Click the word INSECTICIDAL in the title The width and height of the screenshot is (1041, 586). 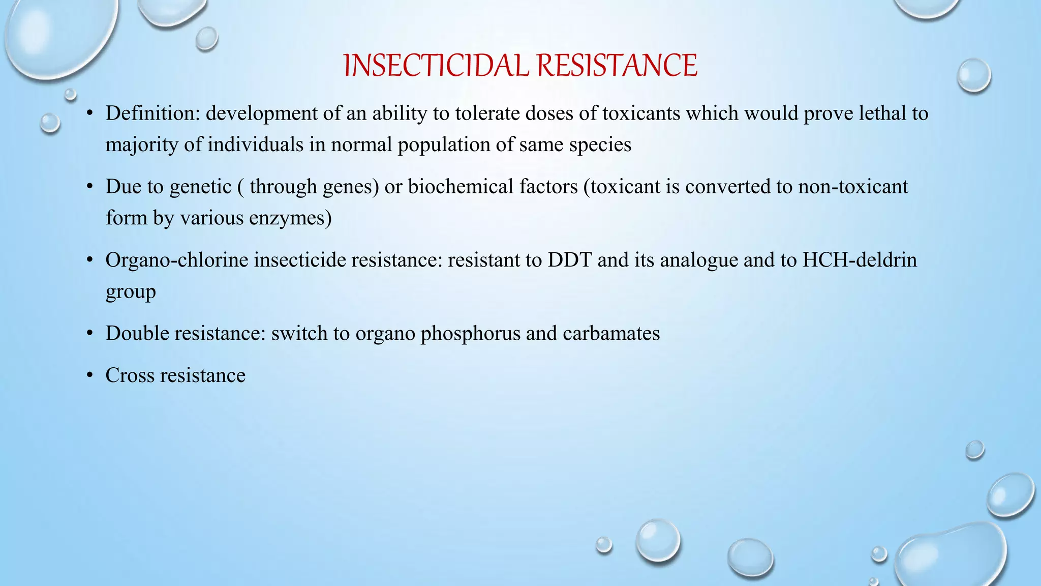tap(437, 66)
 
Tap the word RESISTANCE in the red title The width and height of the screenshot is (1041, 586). tap(617, 66)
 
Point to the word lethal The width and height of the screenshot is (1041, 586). tap(882, 113)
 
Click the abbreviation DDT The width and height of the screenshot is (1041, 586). tap(569, 260)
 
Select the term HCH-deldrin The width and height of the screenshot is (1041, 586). tap(860, 260)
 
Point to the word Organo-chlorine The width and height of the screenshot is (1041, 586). tap(177, 260)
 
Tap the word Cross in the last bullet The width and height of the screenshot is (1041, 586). tap(130, 375)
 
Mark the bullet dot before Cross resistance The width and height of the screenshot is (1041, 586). tap(89, 375)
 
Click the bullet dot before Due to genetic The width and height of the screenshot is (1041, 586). tap(89, 187)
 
